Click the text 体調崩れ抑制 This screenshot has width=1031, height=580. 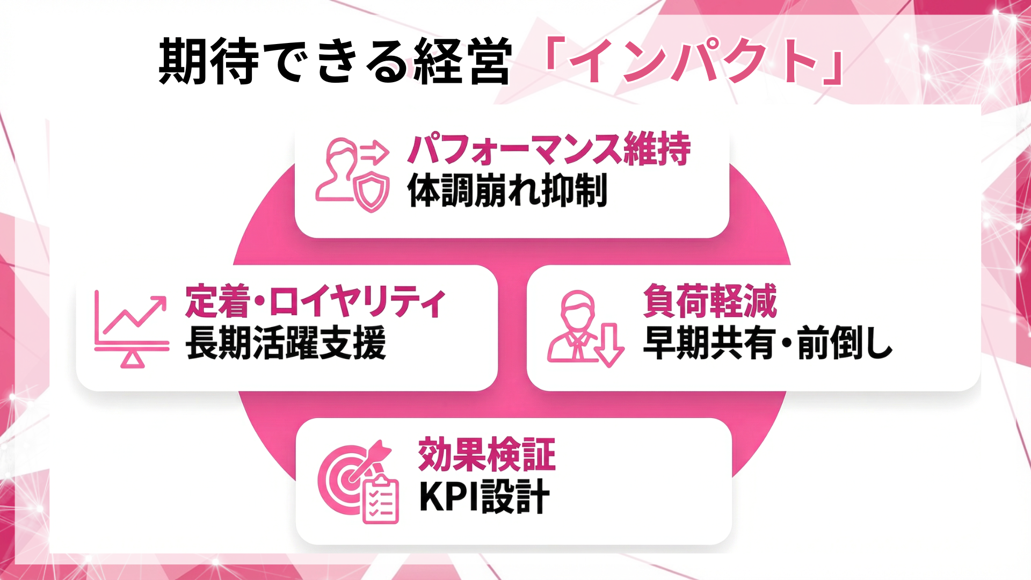pyautogui.click(x=507, y=191)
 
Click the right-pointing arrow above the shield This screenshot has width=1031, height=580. pyautogui.click(x=375, y=152)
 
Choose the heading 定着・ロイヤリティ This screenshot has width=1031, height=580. pyautogui.click(x=315, y=301)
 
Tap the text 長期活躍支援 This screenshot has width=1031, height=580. pyautogui.click(x=286, y=343)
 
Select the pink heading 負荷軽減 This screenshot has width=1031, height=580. pyautogui.click(x=710, y=301)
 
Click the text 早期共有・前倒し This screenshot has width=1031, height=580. pyautogui.click(x=768, y=344)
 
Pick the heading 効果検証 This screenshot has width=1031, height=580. pyautogui.click(x=487, y=455)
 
